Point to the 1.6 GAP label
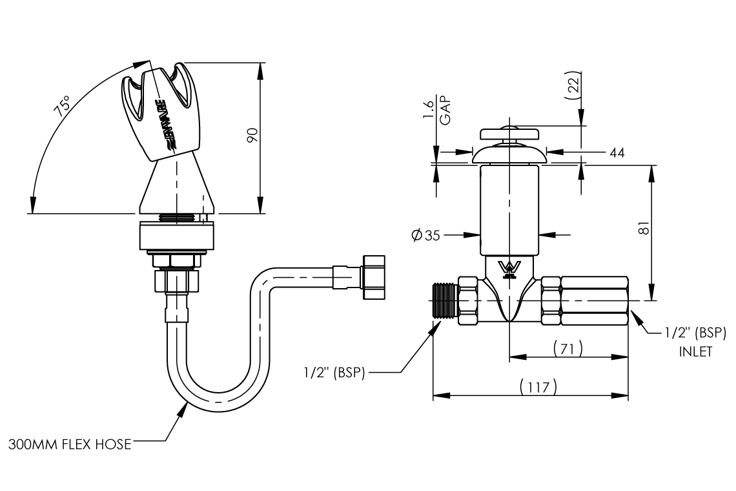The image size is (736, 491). [438, 110]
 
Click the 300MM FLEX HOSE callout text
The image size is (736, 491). [70, 444]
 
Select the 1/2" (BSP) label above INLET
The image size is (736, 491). [695, 333]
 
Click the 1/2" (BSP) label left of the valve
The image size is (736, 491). [334, 372]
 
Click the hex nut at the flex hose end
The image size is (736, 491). [373, 277]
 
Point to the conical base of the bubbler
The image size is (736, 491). [176, 187]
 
